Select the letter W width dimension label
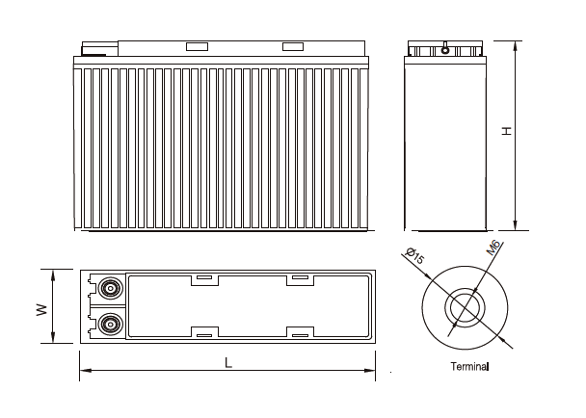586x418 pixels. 40,310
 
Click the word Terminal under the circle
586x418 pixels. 470,367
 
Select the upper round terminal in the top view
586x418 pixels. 109,289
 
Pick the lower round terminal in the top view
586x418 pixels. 109,325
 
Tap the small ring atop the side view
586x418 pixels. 444,50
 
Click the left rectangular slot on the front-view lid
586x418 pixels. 197,47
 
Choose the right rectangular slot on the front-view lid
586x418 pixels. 292,47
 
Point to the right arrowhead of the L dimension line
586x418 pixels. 372,370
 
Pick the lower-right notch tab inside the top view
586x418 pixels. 299,334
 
